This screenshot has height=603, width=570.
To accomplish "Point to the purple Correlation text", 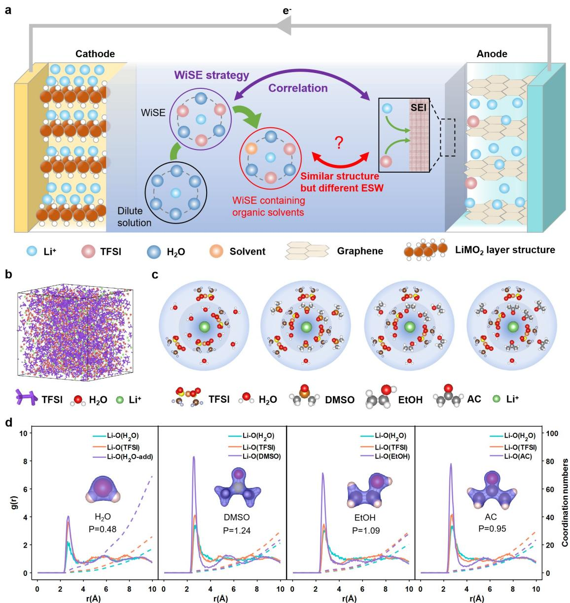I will pos(298,88).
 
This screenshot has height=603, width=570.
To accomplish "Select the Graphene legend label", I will pos(360,251).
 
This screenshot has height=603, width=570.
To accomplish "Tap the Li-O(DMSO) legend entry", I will pos(261,456).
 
